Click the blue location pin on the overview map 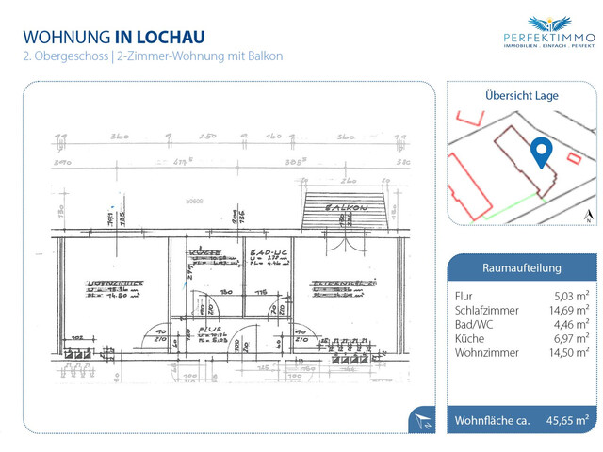(x=541, y=152)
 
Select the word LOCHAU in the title (x=171, y=37)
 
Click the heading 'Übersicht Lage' (x=521, y=95)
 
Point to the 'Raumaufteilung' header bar (x=521, y=267)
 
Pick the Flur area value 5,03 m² (x=570, y=297)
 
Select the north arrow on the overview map (x=587, y=216)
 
